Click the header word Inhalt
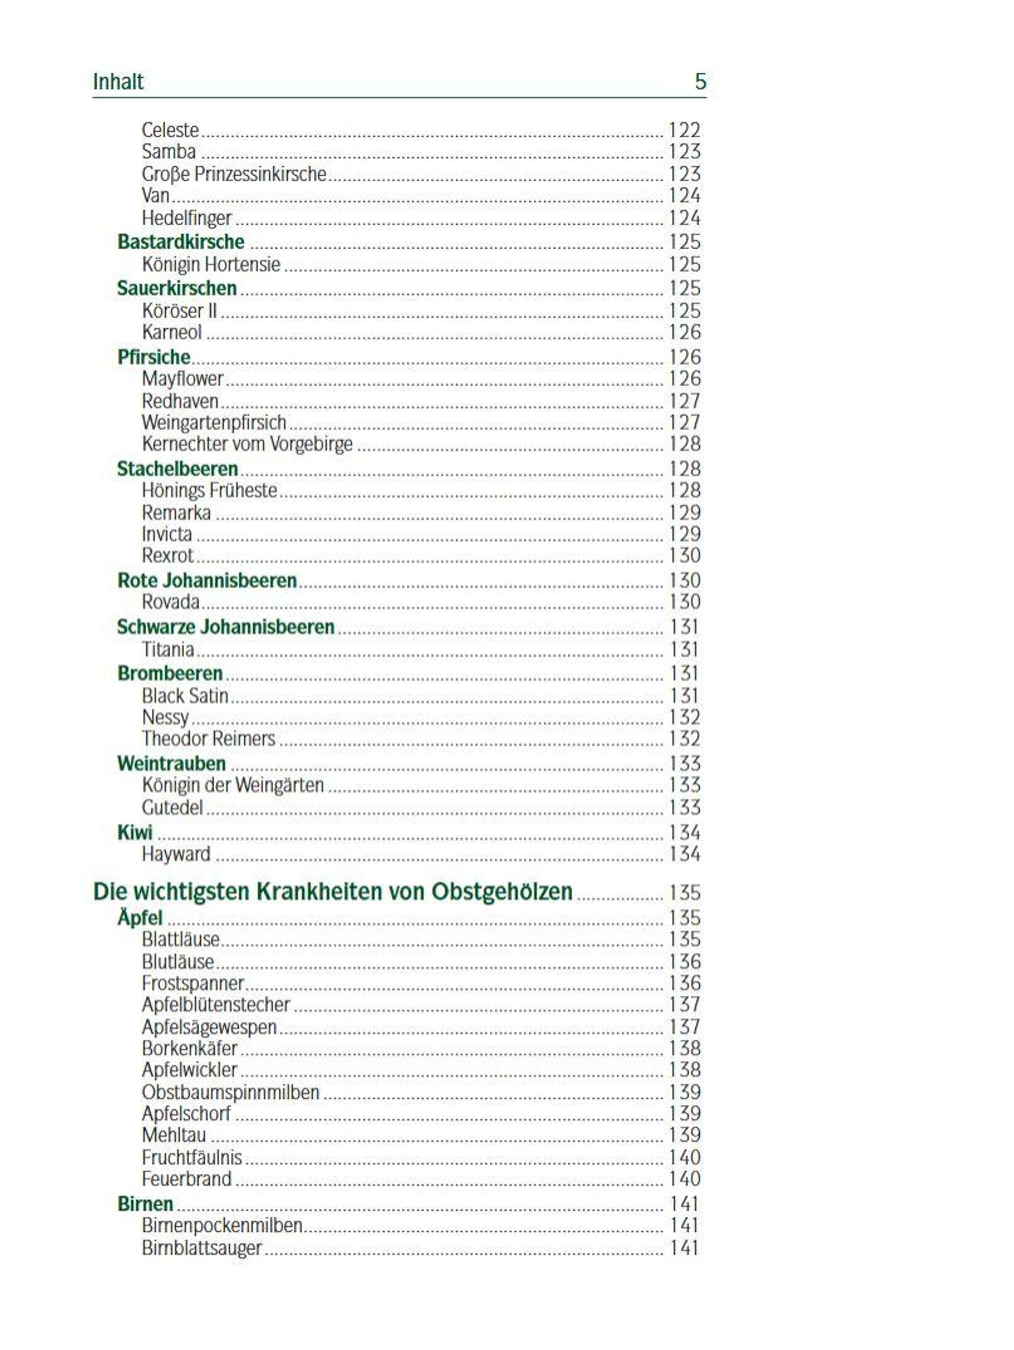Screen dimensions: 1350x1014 pos(118,82)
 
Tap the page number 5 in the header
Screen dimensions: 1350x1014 pos(700,82)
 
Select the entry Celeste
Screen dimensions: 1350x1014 pos(170,130)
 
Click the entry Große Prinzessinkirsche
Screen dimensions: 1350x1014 pos(234,174)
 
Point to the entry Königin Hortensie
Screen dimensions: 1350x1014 pos(210,265)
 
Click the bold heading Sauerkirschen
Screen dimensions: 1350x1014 pos(177,288)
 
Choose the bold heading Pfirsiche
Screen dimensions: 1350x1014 pos(154,357)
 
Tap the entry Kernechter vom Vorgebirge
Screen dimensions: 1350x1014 pos(247,444)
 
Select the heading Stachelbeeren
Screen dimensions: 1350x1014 pos(177,469)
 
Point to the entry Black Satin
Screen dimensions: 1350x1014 pos(185,696)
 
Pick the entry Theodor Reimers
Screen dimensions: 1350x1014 pos(208,739)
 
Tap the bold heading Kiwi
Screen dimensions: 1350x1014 pos(135,832)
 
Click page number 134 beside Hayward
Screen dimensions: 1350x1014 pos(684,854)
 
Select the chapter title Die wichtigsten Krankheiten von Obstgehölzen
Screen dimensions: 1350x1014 pos(333,892)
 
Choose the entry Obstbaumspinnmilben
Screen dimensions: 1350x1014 pos(230,1092)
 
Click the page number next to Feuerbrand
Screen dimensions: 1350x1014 pos(684,1179)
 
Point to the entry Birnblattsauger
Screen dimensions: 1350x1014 pos(202,1248)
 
